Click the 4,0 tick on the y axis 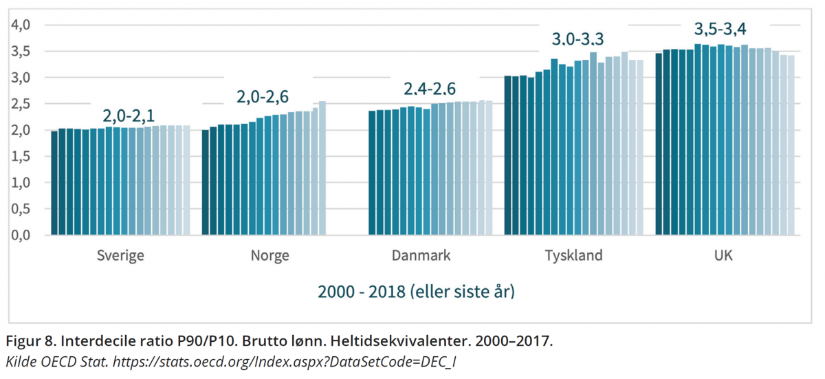pos(22,25)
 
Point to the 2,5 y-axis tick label pos(22,104)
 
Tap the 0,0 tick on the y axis pos(22,235)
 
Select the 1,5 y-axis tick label pos(22,156)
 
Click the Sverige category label pos(120,256)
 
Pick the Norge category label pos(269,256)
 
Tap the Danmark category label pos(421,256)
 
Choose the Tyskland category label pos(573,256)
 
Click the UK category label pos(723,256)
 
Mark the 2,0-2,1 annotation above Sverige pos(129,114)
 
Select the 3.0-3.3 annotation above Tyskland pos(579,39)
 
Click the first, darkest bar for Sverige pos(54,183)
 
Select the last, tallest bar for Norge pos(322,168)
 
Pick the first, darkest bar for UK pos(659,144)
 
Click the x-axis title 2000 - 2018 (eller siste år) pos(416,292)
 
